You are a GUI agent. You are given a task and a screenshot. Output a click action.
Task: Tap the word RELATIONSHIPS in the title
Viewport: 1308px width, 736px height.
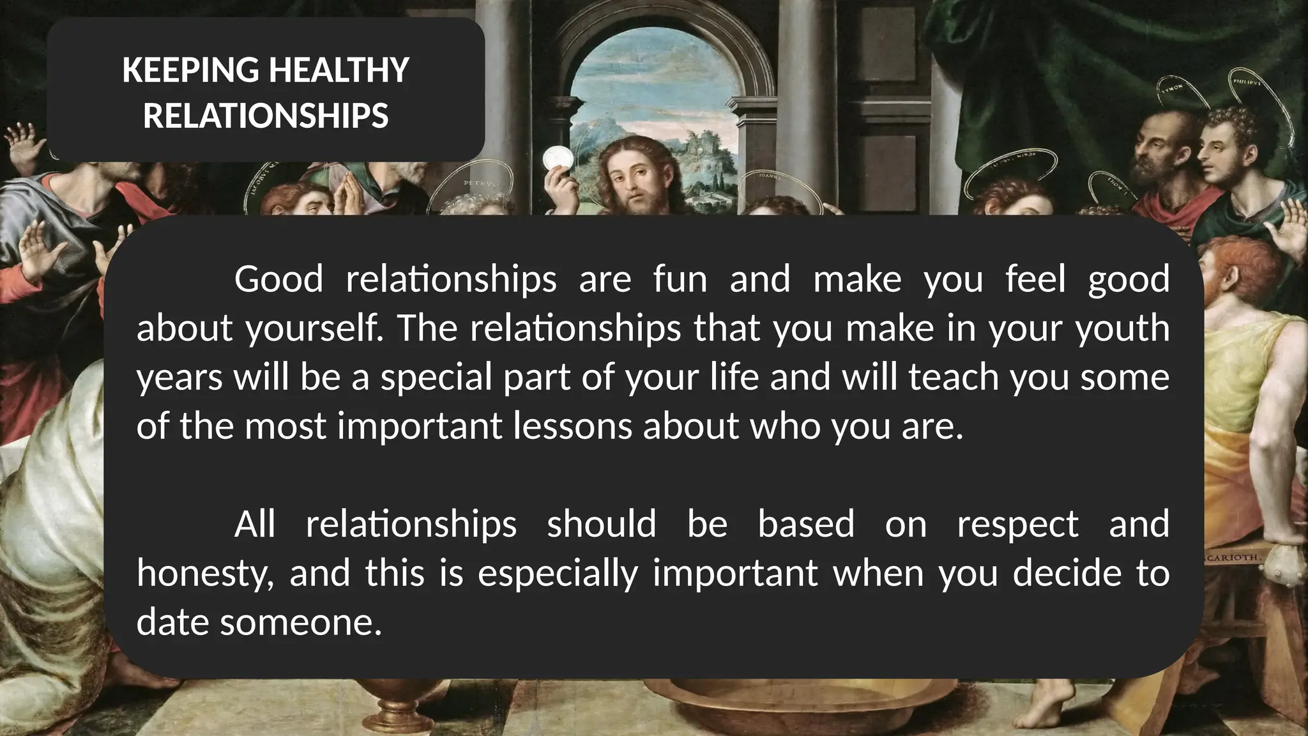[x=266, y=116]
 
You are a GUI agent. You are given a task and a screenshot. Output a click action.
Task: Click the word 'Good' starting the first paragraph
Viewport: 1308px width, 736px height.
[x=278, y=279]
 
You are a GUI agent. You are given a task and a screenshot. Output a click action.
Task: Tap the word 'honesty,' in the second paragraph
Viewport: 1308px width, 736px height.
[x=205, y=572]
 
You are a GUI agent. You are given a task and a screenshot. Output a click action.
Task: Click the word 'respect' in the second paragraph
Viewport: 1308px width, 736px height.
[x=1017, y=524]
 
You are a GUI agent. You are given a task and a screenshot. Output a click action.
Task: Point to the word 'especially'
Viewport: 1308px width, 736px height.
[x=558, y=572]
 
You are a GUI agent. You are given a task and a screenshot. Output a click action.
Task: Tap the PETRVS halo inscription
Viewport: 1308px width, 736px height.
[x=478, y=184]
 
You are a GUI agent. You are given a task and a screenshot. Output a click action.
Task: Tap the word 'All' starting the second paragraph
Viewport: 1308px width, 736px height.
[x=255, y=524]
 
